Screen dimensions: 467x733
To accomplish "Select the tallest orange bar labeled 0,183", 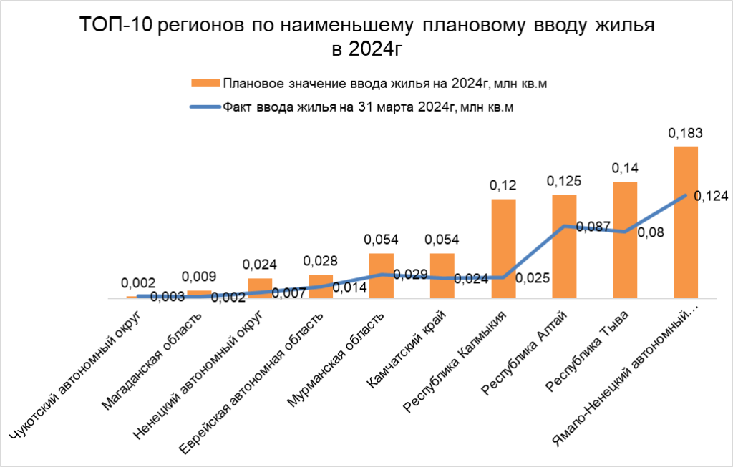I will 686,222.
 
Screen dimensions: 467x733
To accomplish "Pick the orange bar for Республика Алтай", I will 564,246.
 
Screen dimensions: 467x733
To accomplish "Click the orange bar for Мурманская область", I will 382,275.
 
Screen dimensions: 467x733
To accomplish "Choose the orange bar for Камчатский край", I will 442,275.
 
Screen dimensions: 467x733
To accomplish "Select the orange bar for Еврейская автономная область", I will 321,286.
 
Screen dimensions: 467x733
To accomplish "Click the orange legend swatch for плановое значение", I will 204,84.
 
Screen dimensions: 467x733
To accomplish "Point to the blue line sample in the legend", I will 204,107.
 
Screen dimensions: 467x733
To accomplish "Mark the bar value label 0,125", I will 564,181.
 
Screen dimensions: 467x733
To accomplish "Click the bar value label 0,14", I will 625,168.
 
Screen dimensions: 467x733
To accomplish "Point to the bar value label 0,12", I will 503,185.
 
